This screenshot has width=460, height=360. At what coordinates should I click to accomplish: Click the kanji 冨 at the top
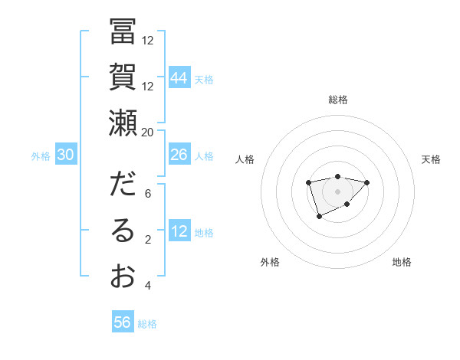(x=123, y=33)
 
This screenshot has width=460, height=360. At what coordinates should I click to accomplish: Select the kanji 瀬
(x=123, y=123)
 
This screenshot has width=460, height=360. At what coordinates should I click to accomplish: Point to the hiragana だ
(x=123, y=186)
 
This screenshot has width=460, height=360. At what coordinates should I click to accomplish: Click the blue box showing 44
(x=179, y=78)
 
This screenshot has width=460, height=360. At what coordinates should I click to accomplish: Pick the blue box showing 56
(x=123, y=322)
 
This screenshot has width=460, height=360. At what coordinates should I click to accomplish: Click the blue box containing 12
(x=179, y=232)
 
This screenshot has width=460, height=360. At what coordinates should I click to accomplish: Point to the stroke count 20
(x=148, y=132)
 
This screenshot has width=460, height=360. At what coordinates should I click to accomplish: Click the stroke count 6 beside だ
(x=148, y=194)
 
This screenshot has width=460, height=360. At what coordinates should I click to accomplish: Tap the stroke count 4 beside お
(x=148, y=286)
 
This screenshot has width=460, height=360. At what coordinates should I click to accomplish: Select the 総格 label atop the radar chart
(x=337, y=100)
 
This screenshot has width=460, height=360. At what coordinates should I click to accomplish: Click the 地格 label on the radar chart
(x=402, y=262)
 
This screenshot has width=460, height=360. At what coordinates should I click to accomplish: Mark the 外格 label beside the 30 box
(x=41, y=156)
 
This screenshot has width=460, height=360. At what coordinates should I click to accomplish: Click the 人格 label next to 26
(x=204, y=156)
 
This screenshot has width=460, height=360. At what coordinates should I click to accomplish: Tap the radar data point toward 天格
(x=366, y=182)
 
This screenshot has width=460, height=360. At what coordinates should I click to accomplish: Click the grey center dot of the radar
(x=337, y=191)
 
